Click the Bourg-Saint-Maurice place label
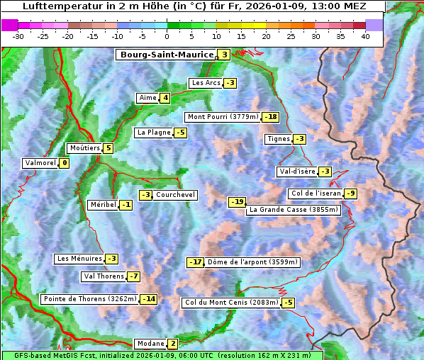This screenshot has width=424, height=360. tap(167, 55)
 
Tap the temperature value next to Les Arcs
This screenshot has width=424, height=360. tap(230, 83)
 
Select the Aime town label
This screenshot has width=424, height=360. tap(147, 98)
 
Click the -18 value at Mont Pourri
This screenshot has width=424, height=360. tap(270, 117)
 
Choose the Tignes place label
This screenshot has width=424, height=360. tap(278, 139)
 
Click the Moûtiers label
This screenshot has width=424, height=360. tap(84, 148)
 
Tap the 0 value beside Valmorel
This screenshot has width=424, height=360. tap(65, 163)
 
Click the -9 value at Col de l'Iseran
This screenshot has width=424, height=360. tap(350, 193)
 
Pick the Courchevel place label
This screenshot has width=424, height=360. tap(175, 195)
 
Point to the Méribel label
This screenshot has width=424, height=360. tap(102, 205)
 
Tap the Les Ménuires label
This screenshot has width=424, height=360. tap(79, 259)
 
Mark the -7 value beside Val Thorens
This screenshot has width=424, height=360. tap(133, 276)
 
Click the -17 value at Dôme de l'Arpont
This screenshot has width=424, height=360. tap(195, 262)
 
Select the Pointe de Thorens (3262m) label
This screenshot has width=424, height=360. tap(89, 299)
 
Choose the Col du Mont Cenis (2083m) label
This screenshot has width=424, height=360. tap(230, 303)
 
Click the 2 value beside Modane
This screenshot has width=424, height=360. tap(172, 344)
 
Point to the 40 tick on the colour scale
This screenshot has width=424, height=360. tap(365, 36)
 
